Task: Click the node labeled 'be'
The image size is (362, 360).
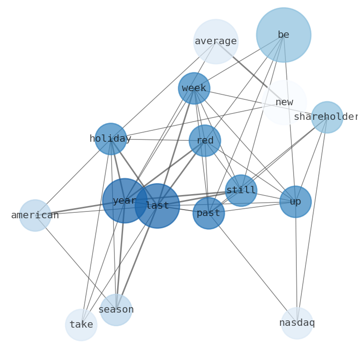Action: click(284, 35)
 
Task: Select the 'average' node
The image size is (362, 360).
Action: click(216, 41)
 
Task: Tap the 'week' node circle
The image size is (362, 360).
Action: click(194, 88)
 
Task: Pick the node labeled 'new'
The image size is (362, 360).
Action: click(284, 103)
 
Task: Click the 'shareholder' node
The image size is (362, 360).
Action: click(327, 117)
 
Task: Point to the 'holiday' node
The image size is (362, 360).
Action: click(111, 139)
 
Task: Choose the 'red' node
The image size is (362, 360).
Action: click(205, 141)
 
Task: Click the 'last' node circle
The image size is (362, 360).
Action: click(157, 206)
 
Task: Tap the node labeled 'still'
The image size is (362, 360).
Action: click(241, 190)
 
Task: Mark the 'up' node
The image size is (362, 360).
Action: click(295, 201)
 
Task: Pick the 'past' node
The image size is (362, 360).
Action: click(209, 213)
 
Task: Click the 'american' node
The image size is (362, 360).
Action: click(35, 216)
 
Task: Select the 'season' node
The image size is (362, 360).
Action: click(116, 310)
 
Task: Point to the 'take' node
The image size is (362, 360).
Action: click(81, 325)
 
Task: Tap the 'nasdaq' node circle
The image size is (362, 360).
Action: click(297, 323)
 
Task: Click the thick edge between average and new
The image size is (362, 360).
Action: click(248, 70)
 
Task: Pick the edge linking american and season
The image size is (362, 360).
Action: click(76, 262)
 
